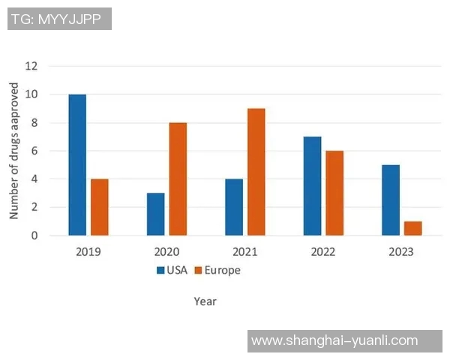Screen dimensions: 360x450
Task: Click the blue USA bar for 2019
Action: [77, 165]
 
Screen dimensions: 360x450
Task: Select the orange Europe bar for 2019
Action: [100, 207]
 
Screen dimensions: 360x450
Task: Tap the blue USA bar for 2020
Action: [155, 214]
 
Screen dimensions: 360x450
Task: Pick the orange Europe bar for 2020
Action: [178, 179]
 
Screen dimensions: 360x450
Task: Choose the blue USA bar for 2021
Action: [234, 207]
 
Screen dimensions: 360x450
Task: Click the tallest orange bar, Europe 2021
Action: [256, 172]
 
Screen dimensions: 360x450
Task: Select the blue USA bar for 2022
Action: [312, 186]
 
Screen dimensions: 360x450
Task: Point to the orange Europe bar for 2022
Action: [334, 193]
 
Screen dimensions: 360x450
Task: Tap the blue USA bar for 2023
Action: [390, 200]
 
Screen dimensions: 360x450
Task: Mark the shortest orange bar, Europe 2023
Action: [412, 228]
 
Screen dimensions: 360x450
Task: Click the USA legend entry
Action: [171, 270]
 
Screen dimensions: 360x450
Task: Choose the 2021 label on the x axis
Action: [244, 251]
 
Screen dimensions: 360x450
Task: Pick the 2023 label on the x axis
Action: [401, 251]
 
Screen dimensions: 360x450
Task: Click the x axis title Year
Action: [205, 301]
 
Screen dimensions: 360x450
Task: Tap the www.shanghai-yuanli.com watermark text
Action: [334, 340]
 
